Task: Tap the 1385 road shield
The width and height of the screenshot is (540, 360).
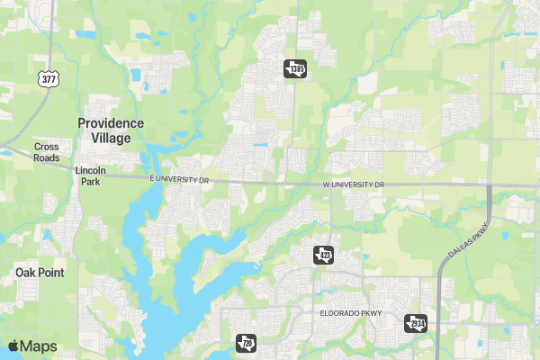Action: coord(295,68)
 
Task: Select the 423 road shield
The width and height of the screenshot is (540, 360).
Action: coord(324,256)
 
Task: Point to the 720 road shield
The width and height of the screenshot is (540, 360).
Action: coord(245,343)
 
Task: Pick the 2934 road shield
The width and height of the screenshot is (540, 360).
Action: coord(415,323)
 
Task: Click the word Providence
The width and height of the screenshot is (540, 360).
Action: coord(111,123)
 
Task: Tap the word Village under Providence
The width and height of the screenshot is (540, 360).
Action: coord(111,139)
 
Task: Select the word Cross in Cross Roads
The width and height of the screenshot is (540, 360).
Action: coord(46,147)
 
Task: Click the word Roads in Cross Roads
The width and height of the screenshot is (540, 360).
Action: coord(46,157)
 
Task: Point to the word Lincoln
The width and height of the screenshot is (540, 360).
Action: coord(90,170)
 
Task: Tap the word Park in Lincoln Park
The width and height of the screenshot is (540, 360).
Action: coord(90,181)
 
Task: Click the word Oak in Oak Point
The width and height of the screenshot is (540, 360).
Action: coord(25,272)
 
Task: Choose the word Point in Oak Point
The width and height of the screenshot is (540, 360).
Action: coord(50,272)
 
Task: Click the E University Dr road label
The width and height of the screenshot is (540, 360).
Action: coord(179,181)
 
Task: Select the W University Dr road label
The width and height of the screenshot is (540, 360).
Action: coord(353,184)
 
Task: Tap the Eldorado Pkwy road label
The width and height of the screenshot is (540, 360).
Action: coord(351,314)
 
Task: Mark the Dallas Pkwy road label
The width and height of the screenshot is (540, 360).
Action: coord(466,240)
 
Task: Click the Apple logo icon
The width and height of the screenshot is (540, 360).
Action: coord(13,346)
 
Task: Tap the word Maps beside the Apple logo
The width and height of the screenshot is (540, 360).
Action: coord(39,346)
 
